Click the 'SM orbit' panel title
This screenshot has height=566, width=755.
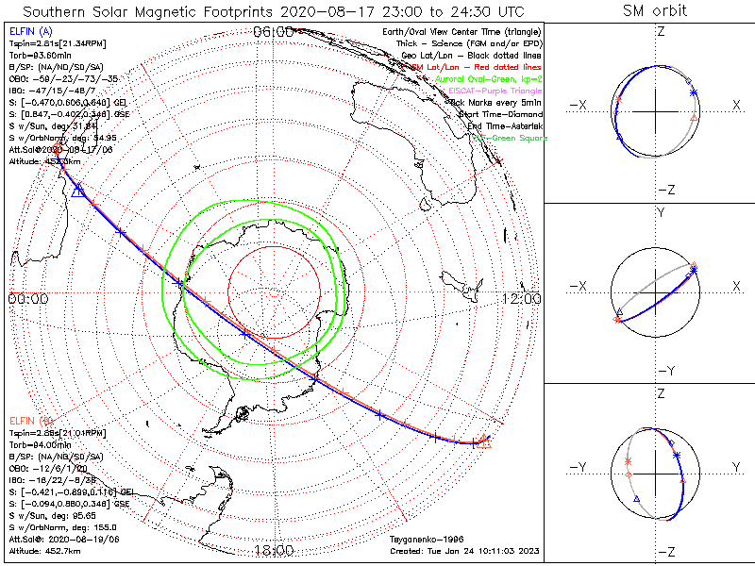[654, 11]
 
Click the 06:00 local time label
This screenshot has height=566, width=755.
[274, 32]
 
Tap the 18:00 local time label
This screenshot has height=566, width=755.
[274, 550]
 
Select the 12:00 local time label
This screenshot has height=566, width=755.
[521, 298]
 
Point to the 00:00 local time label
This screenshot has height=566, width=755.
[27, 298]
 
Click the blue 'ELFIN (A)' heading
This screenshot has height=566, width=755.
[29, 31]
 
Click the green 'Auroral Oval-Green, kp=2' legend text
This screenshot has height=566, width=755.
[491, 80]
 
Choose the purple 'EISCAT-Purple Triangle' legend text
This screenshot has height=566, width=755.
[496, 92]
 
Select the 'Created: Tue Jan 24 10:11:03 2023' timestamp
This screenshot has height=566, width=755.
[464, 552]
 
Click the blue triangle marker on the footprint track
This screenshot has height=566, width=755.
[78, 191]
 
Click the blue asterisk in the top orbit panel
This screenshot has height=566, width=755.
[694, 92]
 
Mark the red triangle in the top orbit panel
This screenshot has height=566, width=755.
[695, 117]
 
